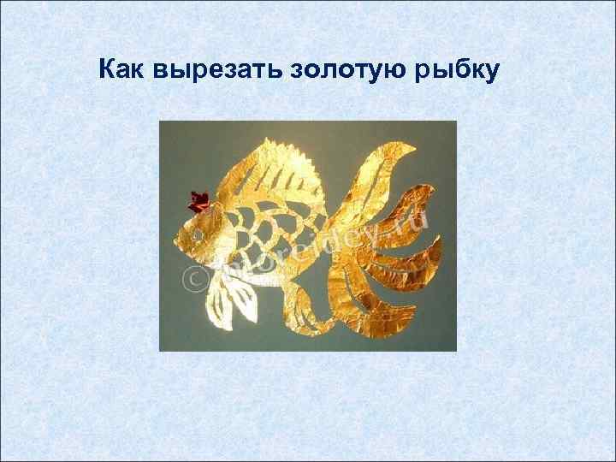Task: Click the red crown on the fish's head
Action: [198, 202]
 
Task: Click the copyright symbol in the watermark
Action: [189, 276]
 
